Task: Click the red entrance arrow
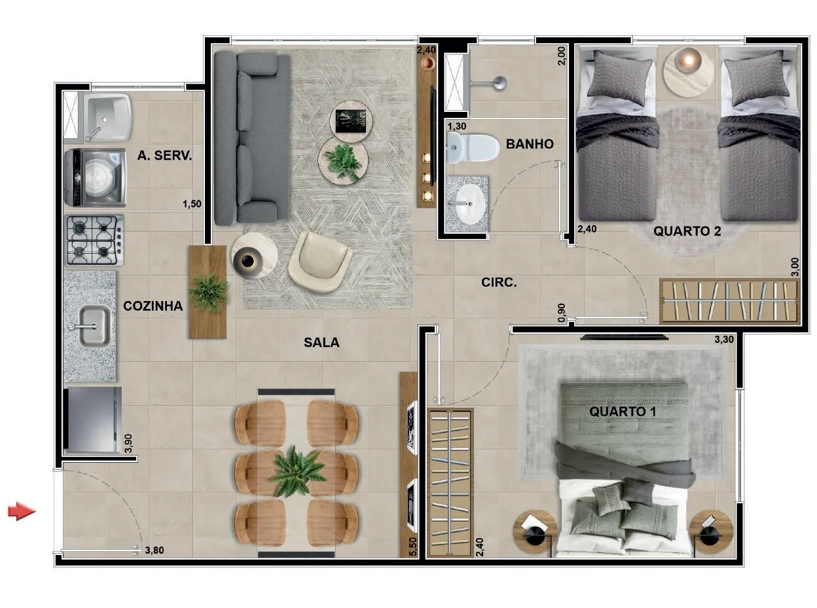click(22, 511)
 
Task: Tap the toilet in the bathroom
click(473, 148)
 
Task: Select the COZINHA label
click(153, 306)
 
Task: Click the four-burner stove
click(95, 240)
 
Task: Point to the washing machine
click(95, 177)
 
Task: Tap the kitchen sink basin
click(94, 327)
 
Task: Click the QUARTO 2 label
click(687, 231)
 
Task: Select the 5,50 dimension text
click(413, 547)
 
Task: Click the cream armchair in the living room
click(319, 262)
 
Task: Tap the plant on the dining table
click(297, 472)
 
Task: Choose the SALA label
click(321, 342)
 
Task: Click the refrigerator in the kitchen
click(92, 420)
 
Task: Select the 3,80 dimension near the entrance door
click(154, 550)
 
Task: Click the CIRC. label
click(499, 283)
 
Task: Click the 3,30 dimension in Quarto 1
click(724, 340)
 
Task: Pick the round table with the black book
click(351, 122)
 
